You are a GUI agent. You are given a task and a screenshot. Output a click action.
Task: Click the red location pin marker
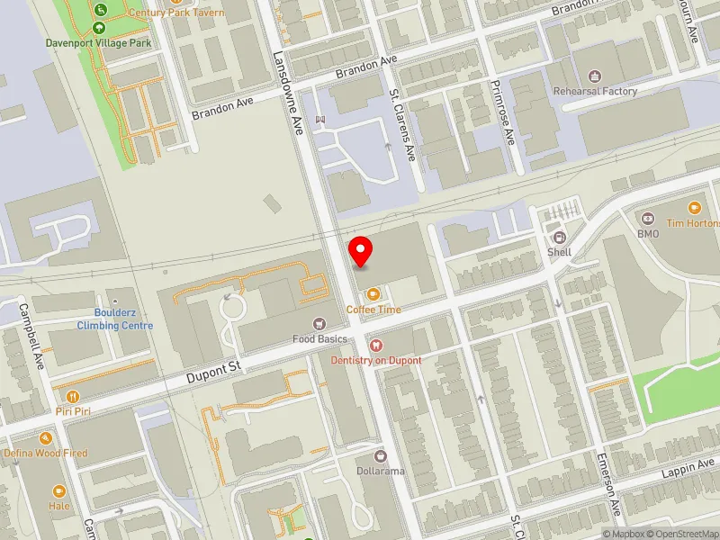(361, 251)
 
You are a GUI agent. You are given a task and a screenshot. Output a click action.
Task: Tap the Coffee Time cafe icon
(373, 293)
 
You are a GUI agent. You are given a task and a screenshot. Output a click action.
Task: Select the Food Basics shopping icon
(318, 323)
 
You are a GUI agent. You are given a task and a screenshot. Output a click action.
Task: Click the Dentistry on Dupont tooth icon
(375, 345)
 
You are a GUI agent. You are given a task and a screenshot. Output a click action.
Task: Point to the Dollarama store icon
(380, 455)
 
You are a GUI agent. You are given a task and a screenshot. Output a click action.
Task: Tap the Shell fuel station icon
(560, 238)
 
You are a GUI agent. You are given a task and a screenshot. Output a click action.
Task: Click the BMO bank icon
(648, 219)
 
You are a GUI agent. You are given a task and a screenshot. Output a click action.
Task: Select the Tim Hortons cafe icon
(694, 207)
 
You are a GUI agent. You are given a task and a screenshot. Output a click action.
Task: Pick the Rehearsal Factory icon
(593, 76)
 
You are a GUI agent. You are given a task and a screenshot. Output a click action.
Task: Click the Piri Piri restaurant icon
(73, 396)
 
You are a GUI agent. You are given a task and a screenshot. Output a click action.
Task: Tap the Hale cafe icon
(59, 491)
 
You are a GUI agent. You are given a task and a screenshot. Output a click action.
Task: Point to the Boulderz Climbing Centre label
(114, 319)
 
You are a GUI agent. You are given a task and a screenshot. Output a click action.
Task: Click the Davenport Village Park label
(99, 42)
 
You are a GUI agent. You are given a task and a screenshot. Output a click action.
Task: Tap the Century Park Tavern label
(176, 13)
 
